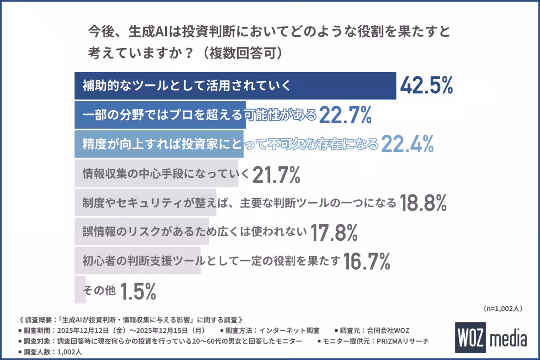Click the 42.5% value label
(426, 85)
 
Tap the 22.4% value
(407, 144)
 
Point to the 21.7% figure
(276, 175)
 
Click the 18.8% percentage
(423, 203)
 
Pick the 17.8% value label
(334, 233)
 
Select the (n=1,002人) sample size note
(503, 308)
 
